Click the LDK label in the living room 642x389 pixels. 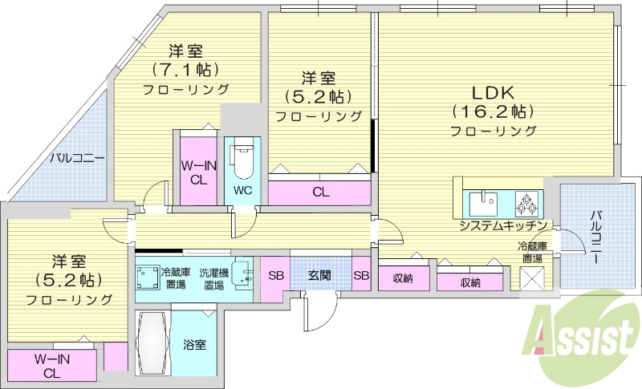coord(492,91)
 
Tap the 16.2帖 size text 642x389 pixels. coord(492,111)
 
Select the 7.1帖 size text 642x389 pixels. coord(186,69)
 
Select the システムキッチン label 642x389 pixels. coord(503,225)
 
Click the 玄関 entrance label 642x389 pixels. coord(319,276)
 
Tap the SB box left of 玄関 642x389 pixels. coord(275,276)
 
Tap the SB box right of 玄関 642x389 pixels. coord(361,276)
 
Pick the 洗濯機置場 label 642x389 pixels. coord(213,278)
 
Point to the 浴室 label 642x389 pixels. coord(195,345)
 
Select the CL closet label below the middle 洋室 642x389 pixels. coord(320,192)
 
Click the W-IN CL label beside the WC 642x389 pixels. coord(197,172)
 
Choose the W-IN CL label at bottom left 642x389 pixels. coord(51,367)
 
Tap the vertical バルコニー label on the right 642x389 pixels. coord(597,237)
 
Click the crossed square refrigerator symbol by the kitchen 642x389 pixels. coord(532,278)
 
